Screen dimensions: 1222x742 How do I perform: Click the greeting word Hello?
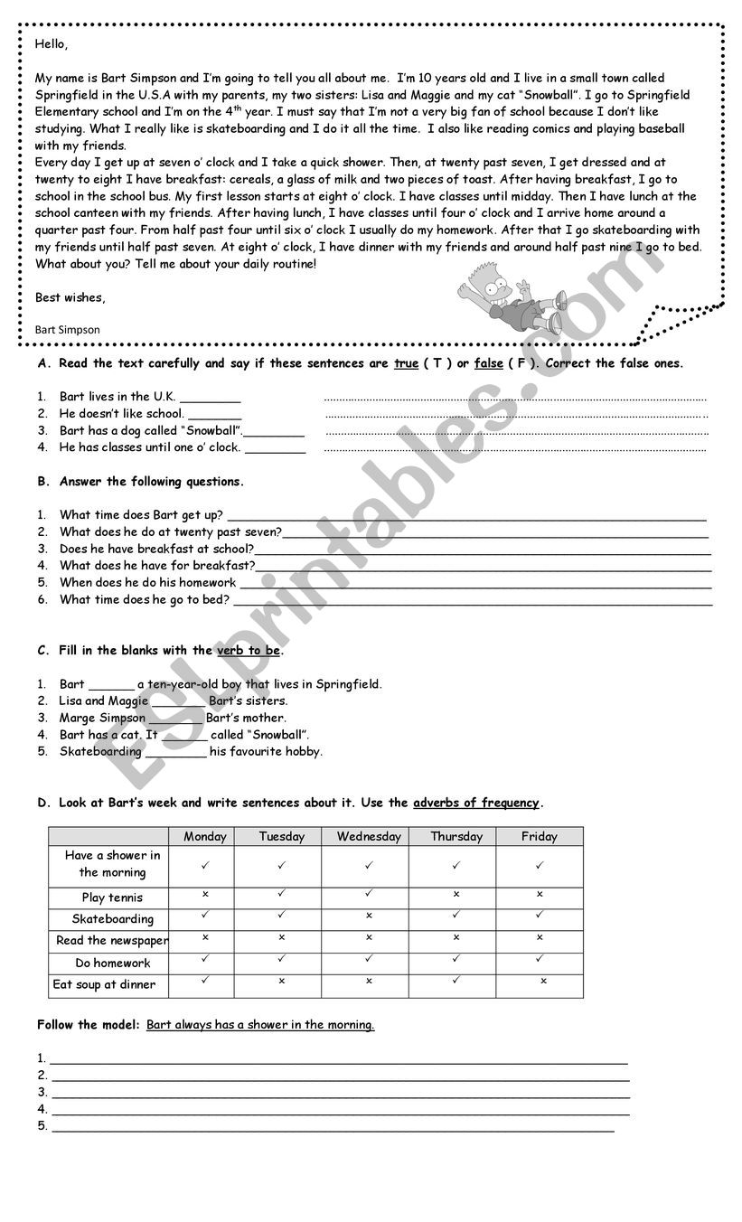(52, 43)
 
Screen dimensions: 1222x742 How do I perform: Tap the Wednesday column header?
(369, 837)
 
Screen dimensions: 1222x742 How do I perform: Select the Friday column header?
(540, 837)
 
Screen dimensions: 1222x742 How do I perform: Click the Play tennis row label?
(112, 898)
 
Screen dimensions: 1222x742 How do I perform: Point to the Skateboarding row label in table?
(113, 919)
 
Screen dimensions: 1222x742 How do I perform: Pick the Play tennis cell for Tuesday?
(282, 894)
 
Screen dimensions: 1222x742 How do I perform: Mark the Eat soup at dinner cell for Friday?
(543, 981)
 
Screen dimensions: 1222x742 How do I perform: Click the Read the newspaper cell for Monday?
(205, 937)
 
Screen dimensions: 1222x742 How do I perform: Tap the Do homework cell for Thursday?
(456, 959)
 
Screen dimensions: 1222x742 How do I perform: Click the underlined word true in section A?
(406, 363)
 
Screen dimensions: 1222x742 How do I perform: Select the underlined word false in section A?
(488, 363)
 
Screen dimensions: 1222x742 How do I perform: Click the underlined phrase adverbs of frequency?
(476, 803)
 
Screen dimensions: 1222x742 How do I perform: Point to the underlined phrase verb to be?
(249, 651)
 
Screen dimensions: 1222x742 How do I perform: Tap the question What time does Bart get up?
(141, 515)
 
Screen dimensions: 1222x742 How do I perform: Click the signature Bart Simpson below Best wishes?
(67, 330)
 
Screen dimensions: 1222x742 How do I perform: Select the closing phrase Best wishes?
(70, 297)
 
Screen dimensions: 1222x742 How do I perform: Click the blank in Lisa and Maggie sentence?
(178, 701)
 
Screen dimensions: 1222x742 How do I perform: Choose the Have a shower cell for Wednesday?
(369, 865)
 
